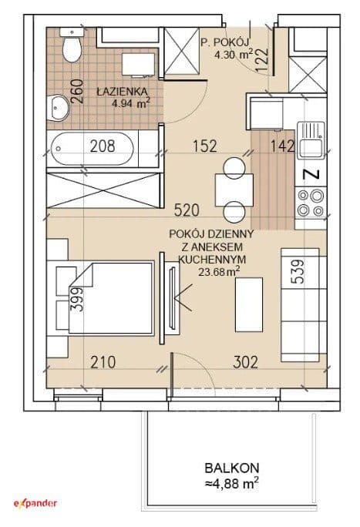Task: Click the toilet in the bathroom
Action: click(x=72, y=45)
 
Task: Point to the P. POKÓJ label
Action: click(x=224, y=42)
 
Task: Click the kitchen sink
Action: click(x=310, y=140)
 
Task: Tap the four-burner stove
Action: click(x=311, y=203)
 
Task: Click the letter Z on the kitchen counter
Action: click(x=311, y=174)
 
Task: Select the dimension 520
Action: click(x=187, y=210)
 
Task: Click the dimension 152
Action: click(x=205, y=146)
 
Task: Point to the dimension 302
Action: click(x=246, y=362)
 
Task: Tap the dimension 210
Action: click(x=103, y=362)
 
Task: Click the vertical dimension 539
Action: click(x=298, y=271)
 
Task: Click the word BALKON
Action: click(x=232, y=468)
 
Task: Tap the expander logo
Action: click(x=35, y=503)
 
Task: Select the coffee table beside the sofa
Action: click(x=249, y=305)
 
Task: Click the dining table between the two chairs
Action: click(x=234, y=190)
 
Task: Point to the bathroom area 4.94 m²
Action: click(x=131, y=103)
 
